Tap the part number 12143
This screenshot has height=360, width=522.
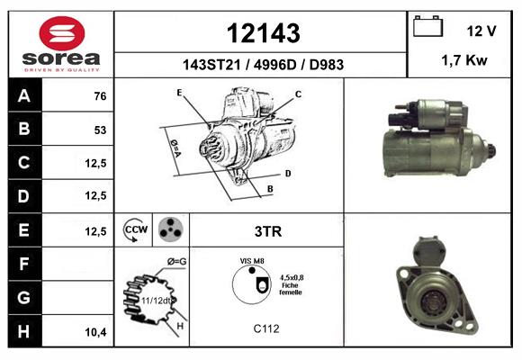tap(262, 33)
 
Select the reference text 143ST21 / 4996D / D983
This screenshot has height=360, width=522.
tap(262, 65)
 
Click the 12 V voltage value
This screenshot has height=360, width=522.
tap(481, 31)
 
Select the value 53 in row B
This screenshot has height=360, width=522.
tap(100, 130)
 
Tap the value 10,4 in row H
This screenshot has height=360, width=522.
tap(95, 332)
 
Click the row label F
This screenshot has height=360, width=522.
tap(24, 264)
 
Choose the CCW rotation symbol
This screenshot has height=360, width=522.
tap(135, 229)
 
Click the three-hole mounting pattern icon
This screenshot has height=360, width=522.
tap(169, 229)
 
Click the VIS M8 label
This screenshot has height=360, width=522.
tap(252, 261)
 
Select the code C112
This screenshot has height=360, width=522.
tap(267, 328)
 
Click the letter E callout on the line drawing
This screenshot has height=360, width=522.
tap(180, 93)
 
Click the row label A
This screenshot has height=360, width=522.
tap(24, 96)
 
